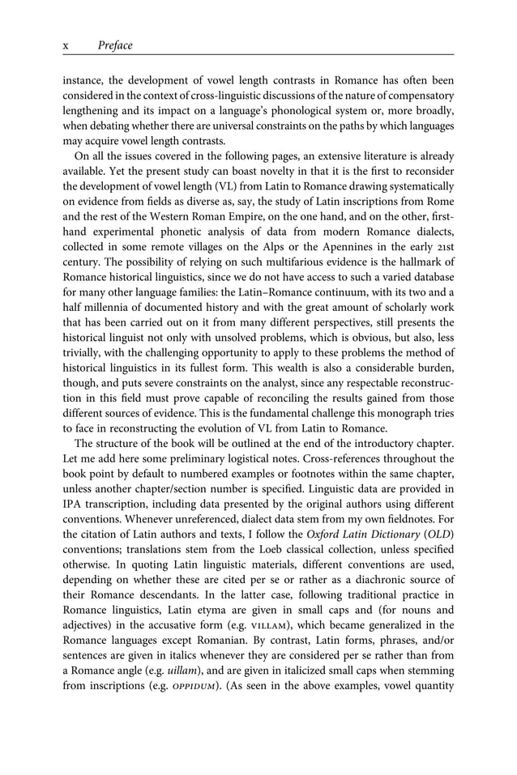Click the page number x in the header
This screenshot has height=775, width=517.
(66, 45)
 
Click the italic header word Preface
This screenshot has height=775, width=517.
(114, 45)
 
